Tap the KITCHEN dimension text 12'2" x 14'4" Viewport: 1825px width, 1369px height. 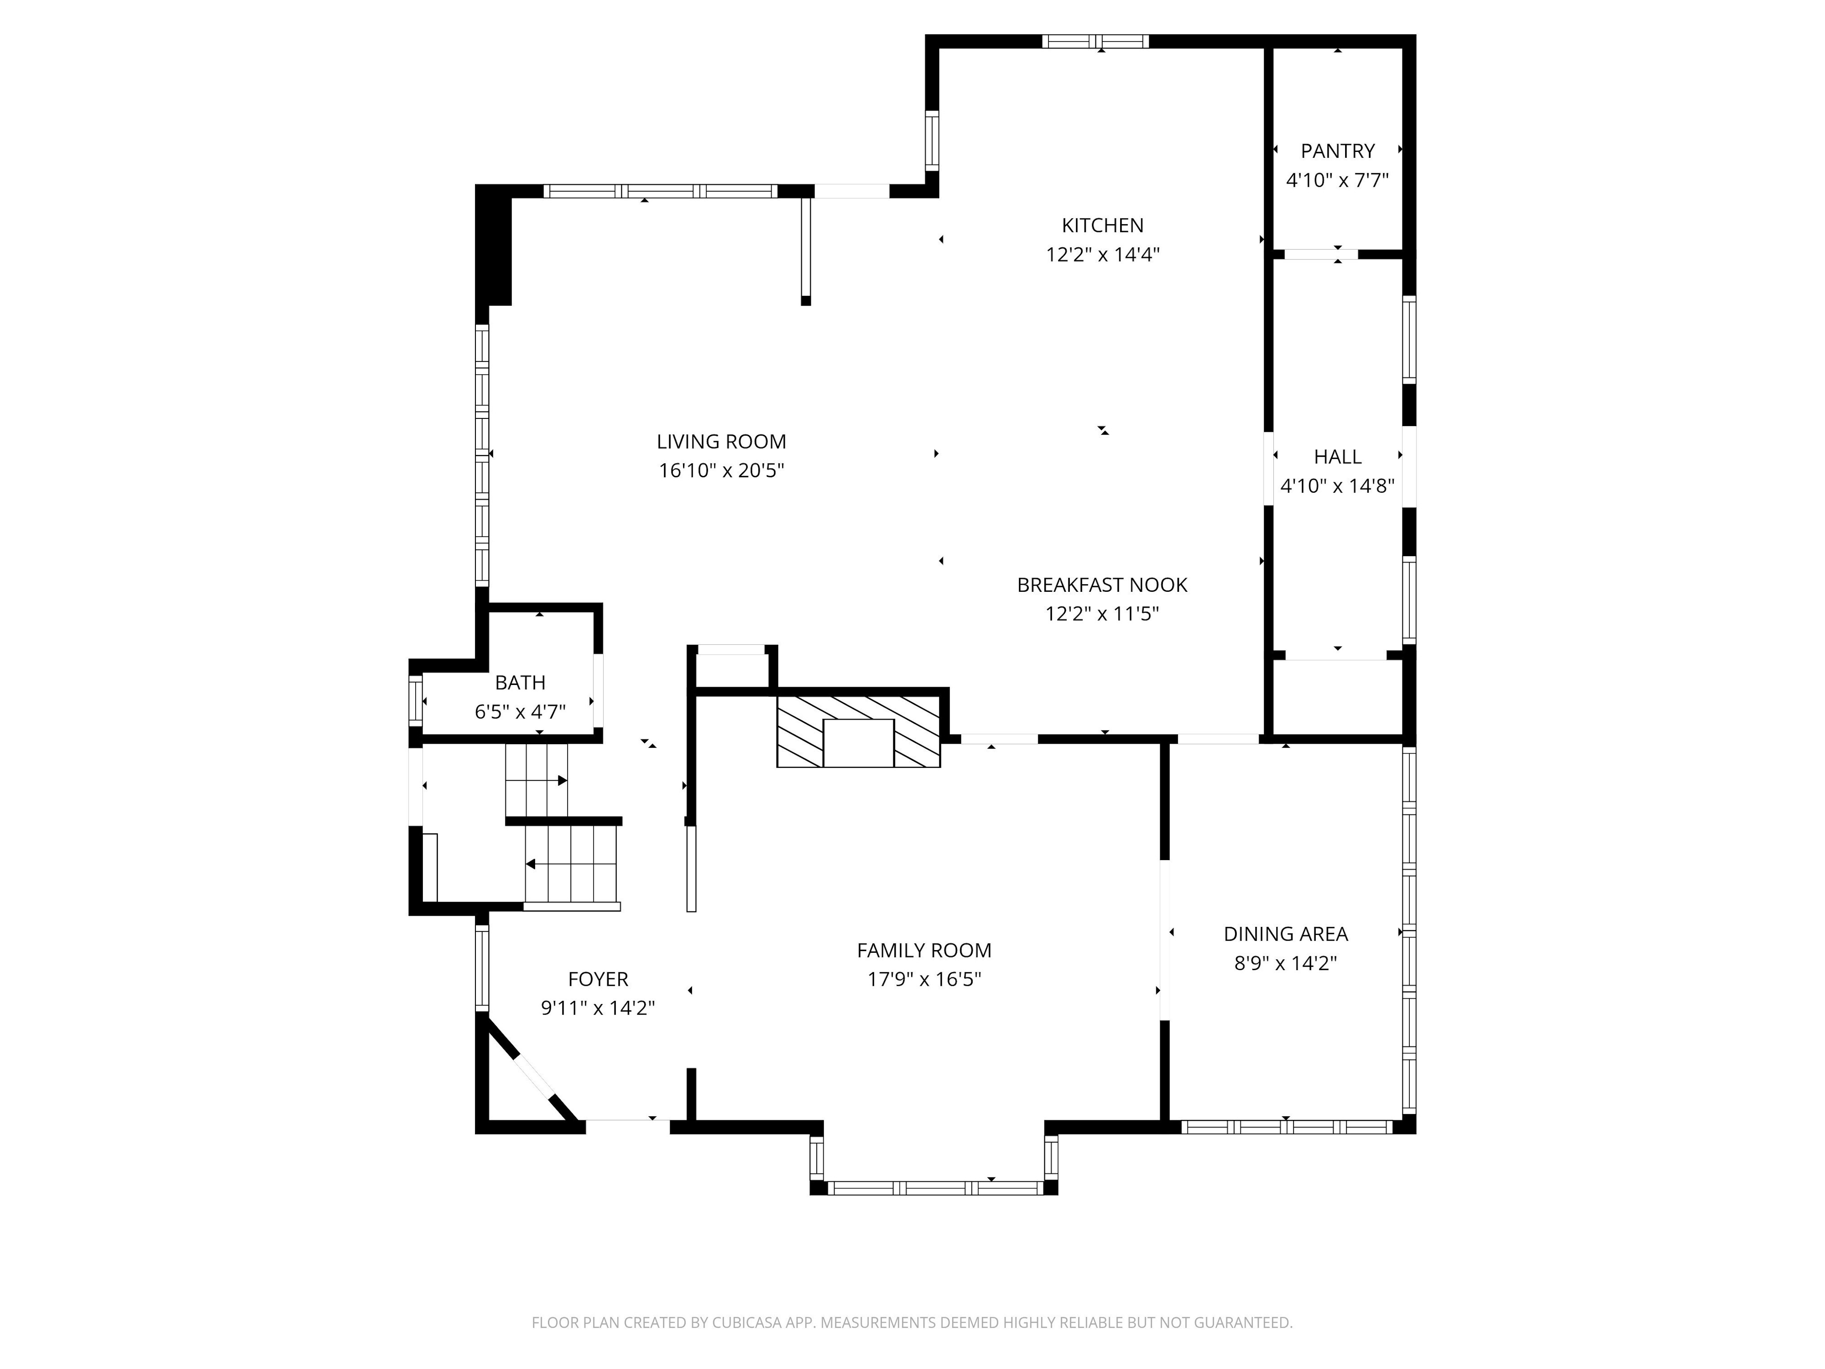[1102, 254]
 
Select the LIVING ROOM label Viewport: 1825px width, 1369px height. [721, 442]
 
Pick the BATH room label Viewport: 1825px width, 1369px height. [520, 682]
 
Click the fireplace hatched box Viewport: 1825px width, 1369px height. [858, 731]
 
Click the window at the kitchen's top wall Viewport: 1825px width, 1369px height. [1095, 41]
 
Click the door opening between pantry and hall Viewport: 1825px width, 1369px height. [1320, 254]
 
